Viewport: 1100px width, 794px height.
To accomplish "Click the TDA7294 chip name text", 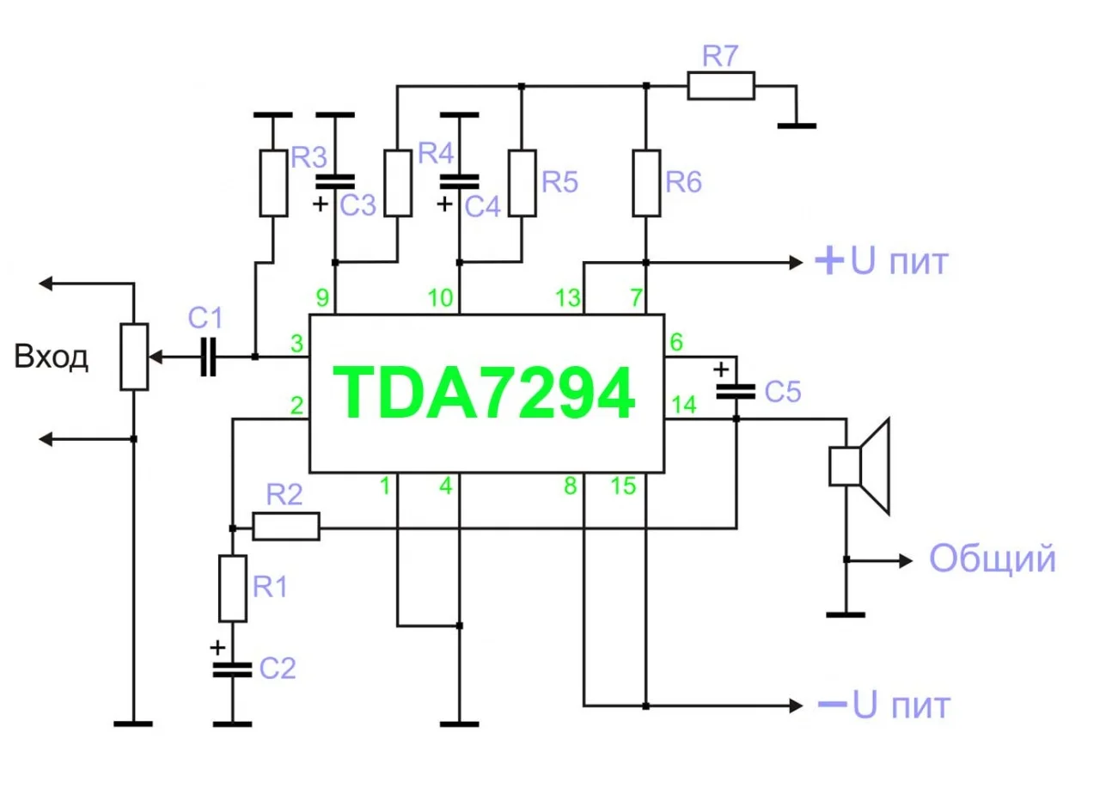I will coord(486,394).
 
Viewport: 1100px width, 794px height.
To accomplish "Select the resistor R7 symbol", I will coord(721,86).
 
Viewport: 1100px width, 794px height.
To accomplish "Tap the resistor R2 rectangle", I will coord(286,526).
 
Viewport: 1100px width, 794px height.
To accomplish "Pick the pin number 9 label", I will coord(322,299).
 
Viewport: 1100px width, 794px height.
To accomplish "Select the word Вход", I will coord(52,357).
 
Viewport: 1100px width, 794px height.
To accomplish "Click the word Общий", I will coord(992,559).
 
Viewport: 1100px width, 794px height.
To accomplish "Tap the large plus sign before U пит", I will coord(828,261).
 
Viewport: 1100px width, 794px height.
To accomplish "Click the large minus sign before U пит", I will coord(831,705).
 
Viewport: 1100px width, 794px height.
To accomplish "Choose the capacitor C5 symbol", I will coord(736,391).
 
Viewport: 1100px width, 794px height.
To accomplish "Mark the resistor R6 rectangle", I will coord(645,183).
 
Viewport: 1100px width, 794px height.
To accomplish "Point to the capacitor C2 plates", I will coord(232,669).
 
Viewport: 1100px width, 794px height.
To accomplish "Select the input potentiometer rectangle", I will coord(135,356).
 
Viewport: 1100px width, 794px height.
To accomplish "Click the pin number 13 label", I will coord(567,299).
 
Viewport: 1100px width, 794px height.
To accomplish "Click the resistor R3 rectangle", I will coord(272,183).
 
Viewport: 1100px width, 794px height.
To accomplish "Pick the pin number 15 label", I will coord(624,486).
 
